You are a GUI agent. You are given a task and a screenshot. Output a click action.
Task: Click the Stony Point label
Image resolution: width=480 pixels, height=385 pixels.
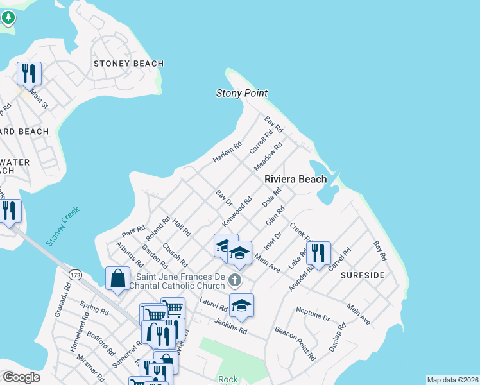coord(241,94)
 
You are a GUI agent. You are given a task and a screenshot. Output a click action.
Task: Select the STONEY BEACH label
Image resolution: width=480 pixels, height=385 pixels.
coord(128,64)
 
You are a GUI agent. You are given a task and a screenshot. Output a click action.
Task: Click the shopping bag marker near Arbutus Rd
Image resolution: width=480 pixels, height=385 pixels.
coord(118,278)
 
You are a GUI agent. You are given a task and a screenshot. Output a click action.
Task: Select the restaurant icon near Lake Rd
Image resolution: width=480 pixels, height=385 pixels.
coord(318,253)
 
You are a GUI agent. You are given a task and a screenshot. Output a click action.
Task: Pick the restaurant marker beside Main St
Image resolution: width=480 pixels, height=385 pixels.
coord(29,73)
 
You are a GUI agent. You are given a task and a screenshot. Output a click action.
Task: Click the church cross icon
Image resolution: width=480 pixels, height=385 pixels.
coord(236,280)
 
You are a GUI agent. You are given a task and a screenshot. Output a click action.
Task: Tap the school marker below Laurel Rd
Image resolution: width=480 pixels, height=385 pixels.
coord(241,305)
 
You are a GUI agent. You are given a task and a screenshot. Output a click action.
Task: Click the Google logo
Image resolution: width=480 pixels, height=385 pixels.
coord(21,377)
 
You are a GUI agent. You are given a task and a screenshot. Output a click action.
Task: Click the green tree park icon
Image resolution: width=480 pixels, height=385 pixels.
coord(8,17)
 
